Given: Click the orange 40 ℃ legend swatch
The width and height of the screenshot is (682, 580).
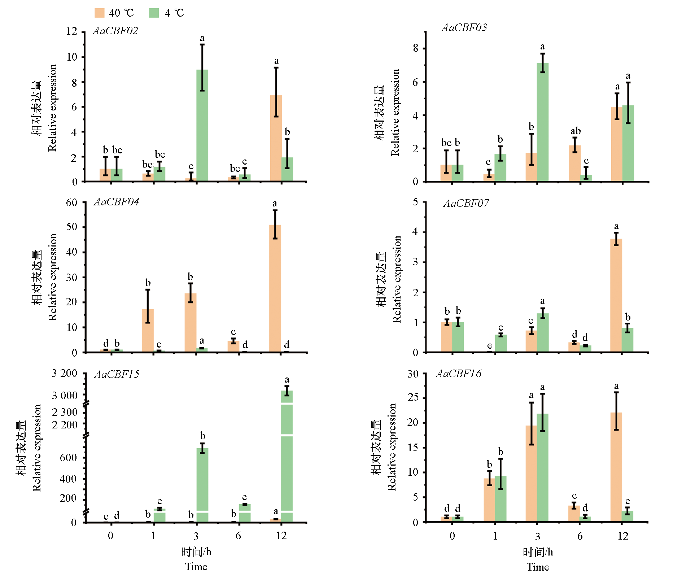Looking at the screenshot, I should pyautogui.click(x=100, y=13).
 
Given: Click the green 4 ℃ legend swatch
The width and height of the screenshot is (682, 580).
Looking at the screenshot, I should pyautogui.click(x=154, y=13).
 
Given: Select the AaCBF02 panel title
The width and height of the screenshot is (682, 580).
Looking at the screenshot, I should pyautogui.click(x=115, y=31).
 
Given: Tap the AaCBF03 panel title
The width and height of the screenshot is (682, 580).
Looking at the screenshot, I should pyautogui.click(x=464, y=27).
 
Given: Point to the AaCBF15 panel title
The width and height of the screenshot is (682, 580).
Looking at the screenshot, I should pyautogui.click(x=117, y=374).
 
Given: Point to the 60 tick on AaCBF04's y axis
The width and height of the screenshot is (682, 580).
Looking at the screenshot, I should pyautogui.click(x=72, y=202).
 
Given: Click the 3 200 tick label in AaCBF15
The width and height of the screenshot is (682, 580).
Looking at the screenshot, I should pyautogui.click(x=65, y=373).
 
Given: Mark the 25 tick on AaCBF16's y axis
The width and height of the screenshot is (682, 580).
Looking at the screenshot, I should pyautogui.click(x=413, y=398).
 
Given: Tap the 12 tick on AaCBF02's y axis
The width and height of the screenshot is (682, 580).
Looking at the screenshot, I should pyautogui.click(x=72, y=31).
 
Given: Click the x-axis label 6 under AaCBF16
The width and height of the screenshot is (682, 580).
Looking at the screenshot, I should pyautogui.click(x=580, y=536).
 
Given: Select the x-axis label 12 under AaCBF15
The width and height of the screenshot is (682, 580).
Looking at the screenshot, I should pyautogui.click(x=281, y=536).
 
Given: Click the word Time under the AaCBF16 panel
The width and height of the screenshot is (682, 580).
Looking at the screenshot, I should pyautogui.click(x=538, y=567).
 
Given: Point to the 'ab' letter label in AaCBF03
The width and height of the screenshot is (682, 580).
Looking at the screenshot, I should pyautogui.click(x=576, y=131).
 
